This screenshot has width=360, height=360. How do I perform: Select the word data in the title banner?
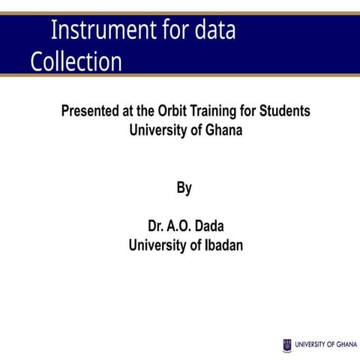[x=214, y=31]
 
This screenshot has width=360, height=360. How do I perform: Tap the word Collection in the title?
[x=76, y=61]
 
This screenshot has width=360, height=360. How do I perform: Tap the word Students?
[x=284, y=111]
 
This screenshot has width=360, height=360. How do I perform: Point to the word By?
[x=184, y=188]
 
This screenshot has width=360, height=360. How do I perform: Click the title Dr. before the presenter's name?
[x=156, y=226]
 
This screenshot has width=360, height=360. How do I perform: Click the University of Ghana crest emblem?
[x=287, y=345]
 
